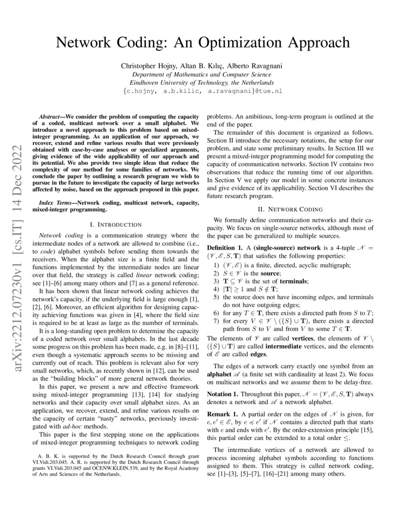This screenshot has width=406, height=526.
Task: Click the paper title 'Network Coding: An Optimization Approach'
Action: click(x=203, y=43)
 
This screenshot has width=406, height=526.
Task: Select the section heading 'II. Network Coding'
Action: click(x=290, y=209)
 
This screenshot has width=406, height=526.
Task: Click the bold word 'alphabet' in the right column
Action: click(x=222, y=373)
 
